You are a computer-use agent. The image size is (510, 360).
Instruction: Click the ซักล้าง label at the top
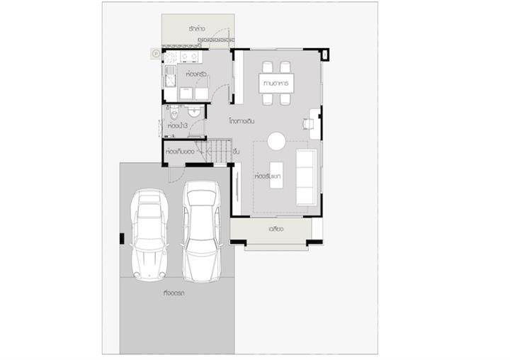pos(197,28)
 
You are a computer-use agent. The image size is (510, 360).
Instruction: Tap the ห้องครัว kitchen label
pos(195,74)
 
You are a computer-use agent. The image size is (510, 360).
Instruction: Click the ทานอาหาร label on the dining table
pos(276,84)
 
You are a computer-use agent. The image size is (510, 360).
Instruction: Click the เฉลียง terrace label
pos(276,229)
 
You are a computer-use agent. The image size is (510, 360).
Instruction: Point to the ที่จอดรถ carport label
pos(174,293)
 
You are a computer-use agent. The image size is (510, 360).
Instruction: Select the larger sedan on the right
pos(202,230)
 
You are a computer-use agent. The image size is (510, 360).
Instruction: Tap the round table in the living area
pos(276,141)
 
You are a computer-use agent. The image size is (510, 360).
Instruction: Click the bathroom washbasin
pos(195,112)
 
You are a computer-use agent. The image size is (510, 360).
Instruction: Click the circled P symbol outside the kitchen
pos(155,52)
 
